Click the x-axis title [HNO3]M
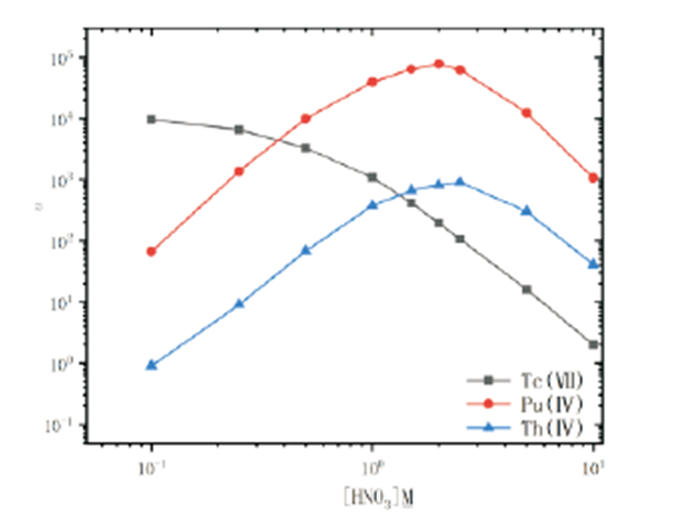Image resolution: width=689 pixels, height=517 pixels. (372, 497)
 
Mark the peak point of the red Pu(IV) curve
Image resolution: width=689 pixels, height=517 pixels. (439, 64)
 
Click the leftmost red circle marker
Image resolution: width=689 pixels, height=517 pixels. (152, 252)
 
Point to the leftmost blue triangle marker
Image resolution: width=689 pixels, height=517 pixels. (152, 364)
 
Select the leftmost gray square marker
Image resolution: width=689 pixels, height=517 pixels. (152, 119)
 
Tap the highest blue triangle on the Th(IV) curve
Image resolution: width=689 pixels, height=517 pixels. (460, 182)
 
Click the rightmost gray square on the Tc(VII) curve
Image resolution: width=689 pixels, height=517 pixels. (593, 345)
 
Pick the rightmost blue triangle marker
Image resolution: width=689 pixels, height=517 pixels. (593, 264)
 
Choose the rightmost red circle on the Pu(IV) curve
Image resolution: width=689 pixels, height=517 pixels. (593, 178)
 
